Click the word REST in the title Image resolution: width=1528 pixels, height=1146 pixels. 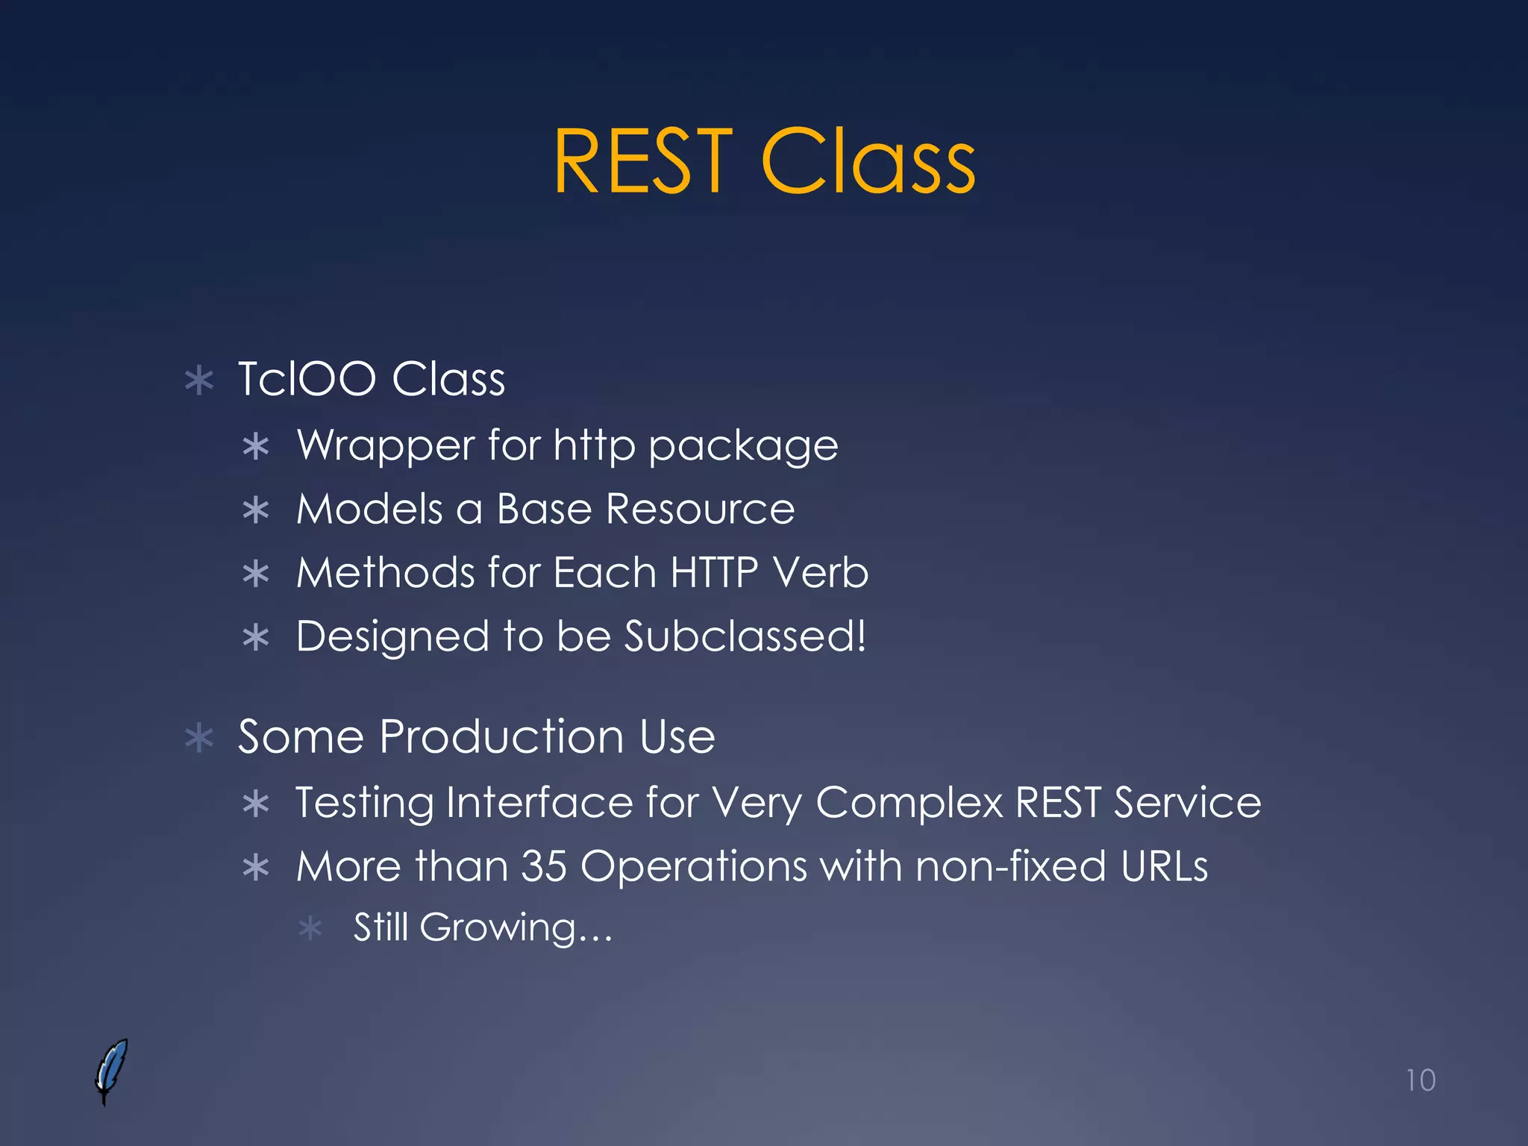pyautogui.click(x=643, y=162)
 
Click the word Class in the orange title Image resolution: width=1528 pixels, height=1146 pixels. pyautogui.click(x=868, y=162)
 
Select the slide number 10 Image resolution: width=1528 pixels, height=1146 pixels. pyautogui.click(x=1420, y=1080)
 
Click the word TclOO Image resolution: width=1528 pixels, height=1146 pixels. pyautogui.click(x=307, y=379)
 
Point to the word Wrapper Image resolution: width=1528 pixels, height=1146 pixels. pyautogui.click(x=386, y=446)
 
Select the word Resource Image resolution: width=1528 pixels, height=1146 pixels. pyautogui.click(x=700, y=510)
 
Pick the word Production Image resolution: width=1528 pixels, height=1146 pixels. pyautogui.click(x=501, y=737)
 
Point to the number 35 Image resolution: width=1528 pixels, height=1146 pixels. pyautogui.click(x=544, y=867)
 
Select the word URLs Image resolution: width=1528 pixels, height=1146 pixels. pyautogui.click(x=1164, y=867)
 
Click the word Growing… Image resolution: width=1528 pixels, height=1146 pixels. pyautogui.click(x=516, y=928)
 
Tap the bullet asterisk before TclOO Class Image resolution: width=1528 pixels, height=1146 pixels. pyautogui.click(x=199, y=381)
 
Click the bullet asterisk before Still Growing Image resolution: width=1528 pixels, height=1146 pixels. pyautogui.click(x=310, y=930)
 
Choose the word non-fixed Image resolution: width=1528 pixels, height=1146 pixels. pyautogui.click(x=1010, y=867)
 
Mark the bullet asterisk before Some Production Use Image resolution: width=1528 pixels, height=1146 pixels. pyautogui.click(x=199, y=739)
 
